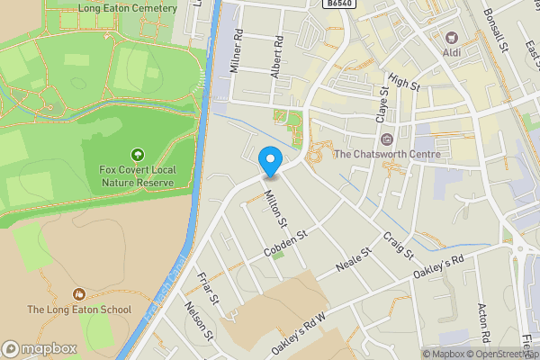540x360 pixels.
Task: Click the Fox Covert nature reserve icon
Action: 137,156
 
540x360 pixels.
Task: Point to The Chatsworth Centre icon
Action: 387,139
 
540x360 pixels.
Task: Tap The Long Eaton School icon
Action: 79,293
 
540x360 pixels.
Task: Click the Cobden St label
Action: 286,244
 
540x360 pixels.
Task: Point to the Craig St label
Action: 397,243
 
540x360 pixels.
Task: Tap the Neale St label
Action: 353,262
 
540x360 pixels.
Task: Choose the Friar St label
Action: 208,290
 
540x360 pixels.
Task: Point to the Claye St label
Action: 382,105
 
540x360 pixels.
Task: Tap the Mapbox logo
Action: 40,348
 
